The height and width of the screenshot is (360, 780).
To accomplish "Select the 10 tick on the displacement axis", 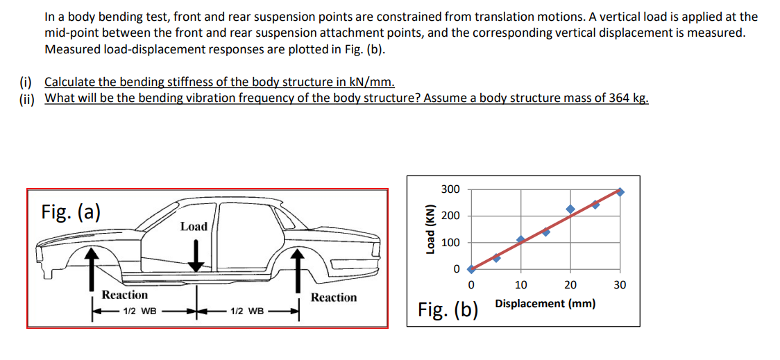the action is (520, 284).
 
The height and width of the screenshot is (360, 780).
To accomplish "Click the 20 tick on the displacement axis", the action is (570, 284).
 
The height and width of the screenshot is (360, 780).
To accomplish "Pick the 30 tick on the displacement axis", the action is (620, 284).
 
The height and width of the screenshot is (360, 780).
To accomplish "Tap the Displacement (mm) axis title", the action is (545, 304).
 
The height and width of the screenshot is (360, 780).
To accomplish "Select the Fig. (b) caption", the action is (448, 309).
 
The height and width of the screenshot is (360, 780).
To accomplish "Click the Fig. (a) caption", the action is (71, 211).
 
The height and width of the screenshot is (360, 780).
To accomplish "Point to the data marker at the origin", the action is (471, 268).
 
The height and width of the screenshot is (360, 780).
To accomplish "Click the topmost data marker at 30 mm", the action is (620, 191).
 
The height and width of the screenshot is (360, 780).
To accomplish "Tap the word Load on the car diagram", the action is (194, 226).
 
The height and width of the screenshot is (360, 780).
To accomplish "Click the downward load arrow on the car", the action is (197, 254).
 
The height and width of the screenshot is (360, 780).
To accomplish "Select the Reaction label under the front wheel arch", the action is (125, 295).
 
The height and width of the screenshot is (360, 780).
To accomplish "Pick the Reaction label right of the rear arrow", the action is (334, 298).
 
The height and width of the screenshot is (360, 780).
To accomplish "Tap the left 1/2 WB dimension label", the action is (139, 310).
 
